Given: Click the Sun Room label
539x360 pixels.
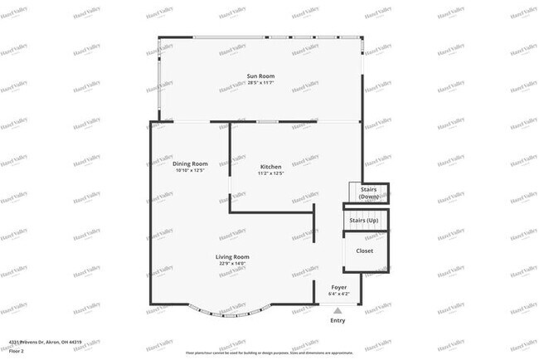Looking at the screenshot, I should click(x=260, y=76).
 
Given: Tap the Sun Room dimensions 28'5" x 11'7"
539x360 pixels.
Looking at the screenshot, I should click(x=260, y=82).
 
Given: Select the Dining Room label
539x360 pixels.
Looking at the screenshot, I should click(x=190, y=163).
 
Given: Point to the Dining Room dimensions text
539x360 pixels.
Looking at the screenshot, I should click(x=190, y=170).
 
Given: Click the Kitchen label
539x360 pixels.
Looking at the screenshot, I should click(x=271, y=168).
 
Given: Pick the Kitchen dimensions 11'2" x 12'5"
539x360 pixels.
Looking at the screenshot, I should click(x=271, y=173).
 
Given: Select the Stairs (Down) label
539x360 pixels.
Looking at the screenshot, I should click(x=369, y=193).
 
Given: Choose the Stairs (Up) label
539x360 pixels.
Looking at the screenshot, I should click(x=364, y=221).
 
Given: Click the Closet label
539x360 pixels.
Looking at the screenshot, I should click(x=365, y=250).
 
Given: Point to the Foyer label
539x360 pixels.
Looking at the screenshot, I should click(x=338, y=287).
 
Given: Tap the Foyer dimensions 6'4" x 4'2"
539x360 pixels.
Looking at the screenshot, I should click(x=338, y=294).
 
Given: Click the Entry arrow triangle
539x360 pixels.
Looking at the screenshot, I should click(x=337, y=310).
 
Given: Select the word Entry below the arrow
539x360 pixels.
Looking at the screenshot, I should click(x=337, y=320).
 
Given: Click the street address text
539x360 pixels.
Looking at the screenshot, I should click(x=45, y=341).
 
